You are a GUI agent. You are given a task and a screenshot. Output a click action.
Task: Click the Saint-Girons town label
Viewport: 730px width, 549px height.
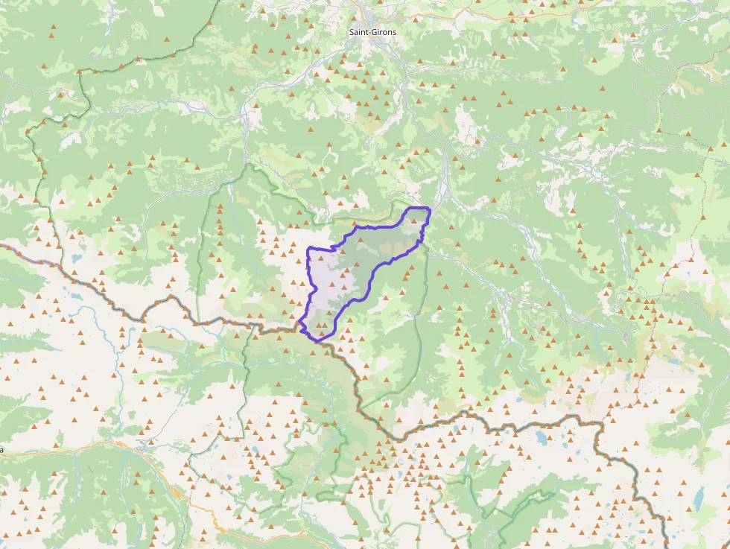tap(372, 32)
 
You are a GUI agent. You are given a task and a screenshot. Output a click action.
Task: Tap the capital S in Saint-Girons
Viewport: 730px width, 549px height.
tap(352, 32)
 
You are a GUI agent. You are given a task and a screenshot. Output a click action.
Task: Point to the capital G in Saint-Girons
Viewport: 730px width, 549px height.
tap(375, 32)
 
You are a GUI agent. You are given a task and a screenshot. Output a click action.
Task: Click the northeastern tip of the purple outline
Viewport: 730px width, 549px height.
tap(430, 209)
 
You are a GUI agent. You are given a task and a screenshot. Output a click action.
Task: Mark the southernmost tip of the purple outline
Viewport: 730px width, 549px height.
tap(319, 340)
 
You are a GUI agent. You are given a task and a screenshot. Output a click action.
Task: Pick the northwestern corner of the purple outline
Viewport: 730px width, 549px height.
tap(308, 247)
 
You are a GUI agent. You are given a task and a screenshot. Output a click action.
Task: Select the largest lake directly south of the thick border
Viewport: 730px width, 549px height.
tap(540, 438)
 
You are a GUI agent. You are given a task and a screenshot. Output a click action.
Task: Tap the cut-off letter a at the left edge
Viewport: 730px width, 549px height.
tap(2, 450)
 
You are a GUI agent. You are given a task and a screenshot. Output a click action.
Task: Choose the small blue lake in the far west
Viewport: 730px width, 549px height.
tap(77, 258)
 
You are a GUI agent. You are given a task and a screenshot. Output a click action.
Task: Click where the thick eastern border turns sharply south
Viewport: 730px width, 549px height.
tap(597, 423)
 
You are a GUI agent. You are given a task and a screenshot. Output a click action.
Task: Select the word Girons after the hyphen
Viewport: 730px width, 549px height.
tap(384, 32)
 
